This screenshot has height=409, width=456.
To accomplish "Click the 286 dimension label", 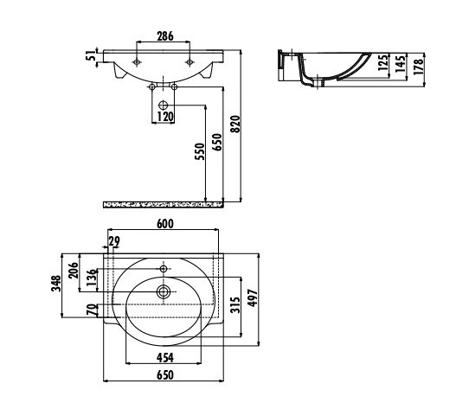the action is click(165, 36).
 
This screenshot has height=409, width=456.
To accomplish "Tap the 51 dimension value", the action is click(91, 55).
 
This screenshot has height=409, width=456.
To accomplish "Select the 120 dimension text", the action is click(165, 116).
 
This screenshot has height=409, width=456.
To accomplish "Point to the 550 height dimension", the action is click(200, 151).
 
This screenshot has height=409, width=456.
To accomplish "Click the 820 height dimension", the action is click(235, 125).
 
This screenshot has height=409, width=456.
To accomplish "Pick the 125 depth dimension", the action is click(383, 62).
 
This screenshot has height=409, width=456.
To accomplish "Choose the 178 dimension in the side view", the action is click(419, 67).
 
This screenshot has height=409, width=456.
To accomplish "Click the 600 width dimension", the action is click(165, 224).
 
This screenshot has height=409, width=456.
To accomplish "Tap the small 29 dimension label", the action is click(114, 241).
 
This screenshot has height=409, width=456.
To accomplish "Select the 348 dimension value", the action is click(56, 284).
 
